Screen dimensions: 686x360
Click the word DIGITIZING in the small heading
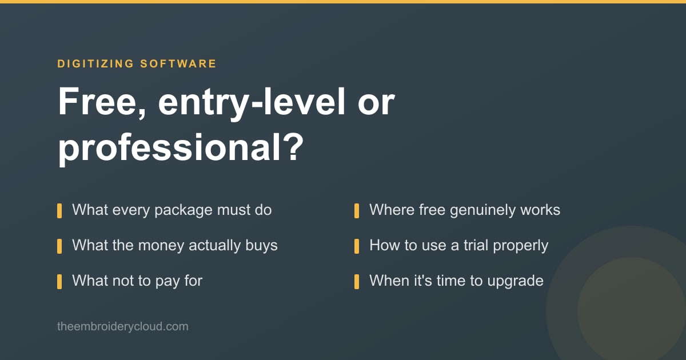[95, 63]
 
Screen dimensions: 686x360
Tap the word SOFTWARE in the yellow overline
[178, 63]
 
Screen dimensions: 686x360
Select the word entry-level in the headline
[252, 103]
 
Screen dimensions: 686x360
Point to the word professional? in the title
[181, 148]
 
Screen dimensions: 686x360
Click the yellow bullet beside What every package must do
[59, 211]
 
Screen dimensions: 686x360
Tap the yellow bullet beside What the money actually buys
[59, 246]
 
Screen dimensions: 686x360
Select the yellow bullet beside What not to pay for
[59, 282]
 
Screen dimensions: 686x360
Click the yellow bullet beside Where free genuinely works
[357, 211]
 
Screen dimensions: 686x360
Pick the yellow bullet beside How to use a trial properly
[357, 246]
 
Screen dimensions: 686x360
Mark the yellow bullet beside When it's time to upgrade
[357, 282]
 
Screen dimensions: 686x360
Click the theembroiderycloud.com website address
[123, 327]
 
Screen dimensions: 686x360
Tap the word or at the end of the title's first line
[376, 105]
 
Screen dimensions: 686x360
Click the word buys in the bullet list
[261, 246]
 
